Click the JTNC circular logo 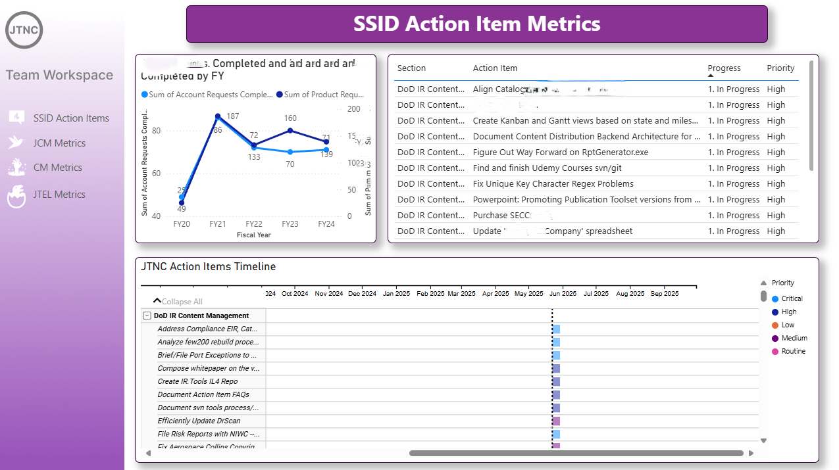pos(24,30)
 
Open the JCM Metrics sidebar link pos(59,143)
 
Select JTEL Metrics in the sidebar pos(60,195)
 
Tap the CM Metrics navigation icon pos(17,168)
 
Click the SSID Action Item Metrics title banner pos(476,24)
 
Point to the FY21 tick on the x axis pos(218,224)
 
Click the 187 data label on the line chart pos(232,116)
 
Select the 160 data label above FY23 pos(290,119)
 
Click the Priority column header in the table pos(780,68)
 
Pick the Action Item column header pos(495,68)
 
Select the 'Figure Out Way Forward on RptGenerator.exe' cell pos(560,153)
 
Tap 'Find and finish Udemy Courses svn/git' pos(547,168)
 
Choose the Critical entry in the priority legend pos(792,298)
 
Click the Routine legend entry pos(793,351)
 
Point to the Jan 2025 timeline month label pos(397,294)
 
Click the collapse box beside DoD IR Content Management pos(147,316)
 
